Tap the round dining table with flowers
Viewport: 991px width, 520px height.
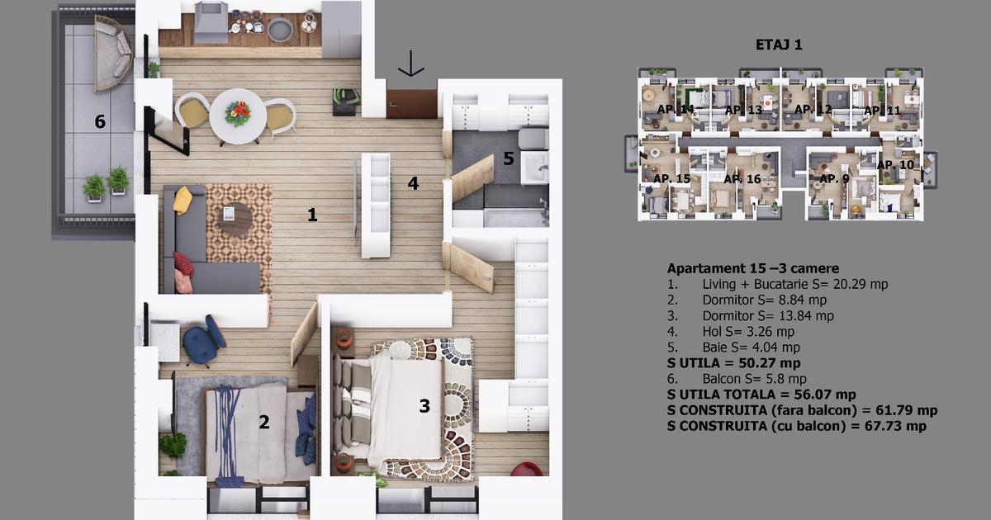click(x=238, y=116)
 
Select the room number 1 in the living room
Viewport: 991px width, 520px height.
click(x=312, y=215)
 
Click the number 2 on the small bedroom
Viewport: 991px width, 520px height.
click(x=263, y=423)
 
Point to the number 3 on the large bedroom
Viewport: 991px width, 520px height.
click(x=424, y=406)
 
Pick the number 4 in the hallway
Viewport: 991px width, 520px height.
click(x=413, y=183)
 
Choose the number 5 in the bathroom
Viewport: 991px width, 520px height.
click(x=509, y=158)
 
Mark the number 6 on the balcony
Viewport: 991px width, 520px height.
click(x=100, y=122)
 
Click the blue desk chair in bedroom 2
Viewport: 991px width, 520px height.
click(x=203, y=339)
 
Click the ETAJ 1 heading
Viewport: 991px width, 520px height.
click(x=779, y=45)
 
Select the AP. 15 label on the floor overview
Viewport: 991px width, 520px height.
click(x=671, y=178)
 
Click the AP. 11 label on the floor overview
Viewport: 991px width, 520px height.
click(x=881, y=111)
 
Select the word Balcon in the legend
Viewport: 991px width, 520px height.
click(x=722, y=379)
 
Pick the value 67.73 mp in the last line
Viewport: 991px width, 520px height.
click(x=891, y=426)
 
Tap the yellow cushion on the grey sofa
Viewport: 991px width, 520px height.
click(x=183, y=199)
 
